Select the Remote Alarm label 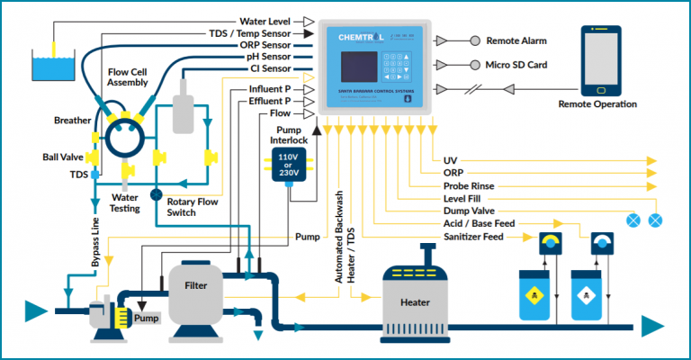[516, 40]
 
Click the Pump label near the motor [146, 318]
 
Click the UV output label [451, 160]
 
